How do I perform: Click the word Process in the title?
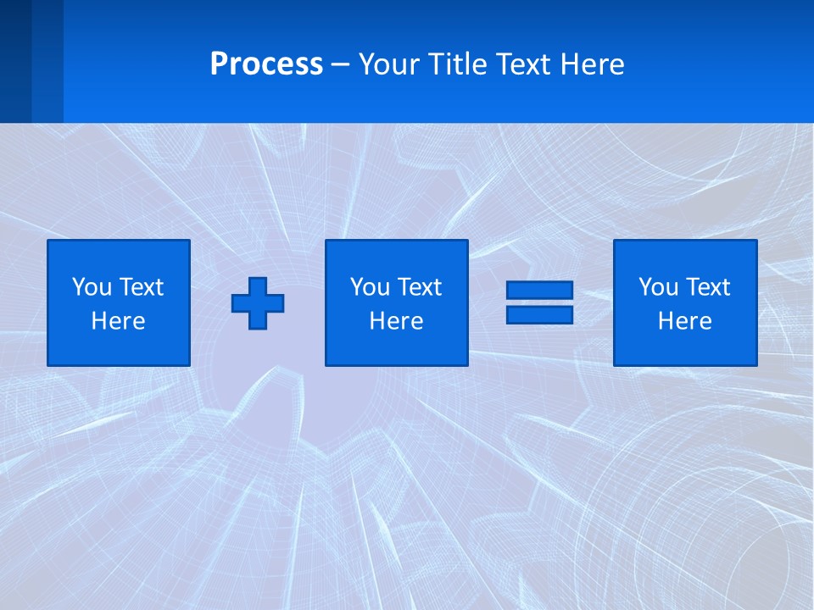point(266,64)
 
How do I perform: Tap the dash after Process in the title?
point(341,64)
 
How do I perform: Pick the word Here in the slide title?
point(592,64)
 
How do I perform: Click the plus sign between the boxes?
point(258,303)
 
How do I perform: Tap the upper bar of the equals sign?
point(539,291)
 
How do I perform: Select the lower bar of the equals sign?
point(539,314)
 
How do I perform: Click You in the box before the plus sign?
point(92,287)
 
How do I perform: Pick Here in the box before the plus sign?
point(118,321)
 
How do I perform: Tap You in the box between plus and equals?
point(370,287)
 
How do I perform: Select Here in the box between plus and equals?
point(396,321)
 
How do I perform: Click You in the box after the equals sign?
point(658,287)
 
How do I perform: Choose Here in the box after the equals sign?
point(684,321)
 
